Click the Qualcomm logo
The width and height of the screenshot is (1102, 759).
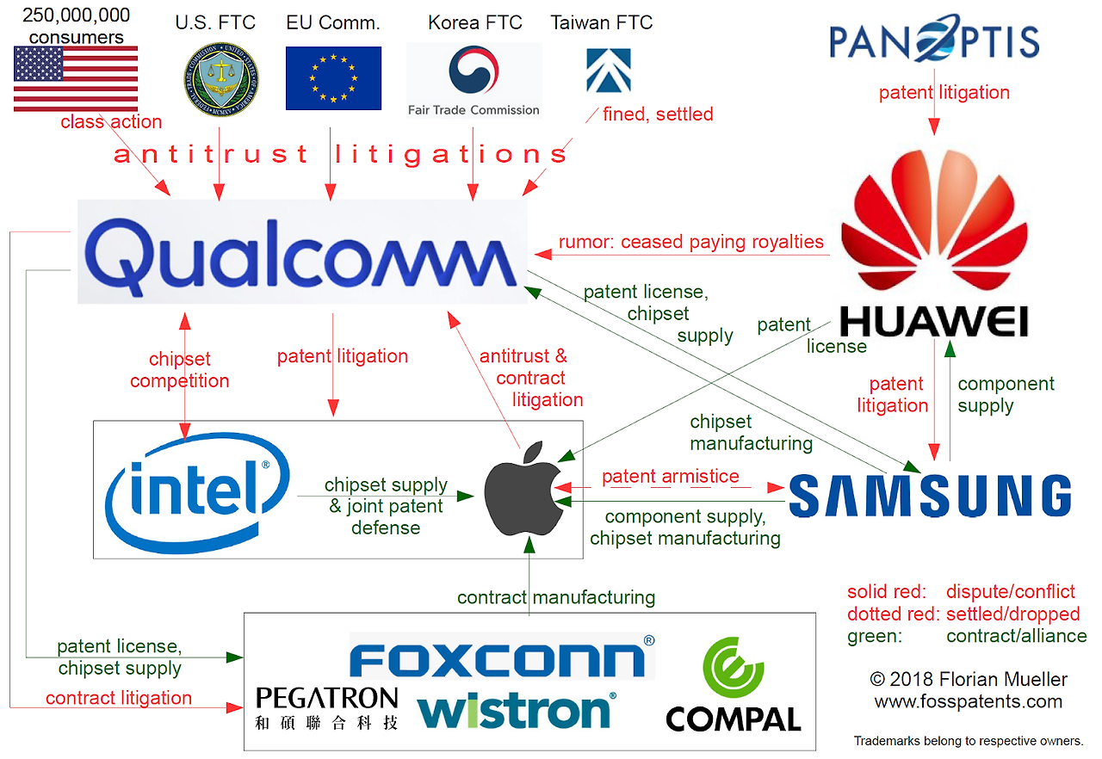click(302, 252)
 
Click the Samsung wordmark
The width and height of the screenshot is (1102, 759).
click(930, 496)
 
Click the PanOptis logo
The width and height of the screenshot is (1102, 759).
click(934, 39)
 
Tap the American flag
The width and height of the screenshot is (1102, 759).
click(76, 78)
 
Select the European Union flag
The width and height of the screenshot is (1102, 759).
click(333, 78)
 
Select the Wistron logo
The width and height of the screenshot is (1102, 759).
click(516, 711)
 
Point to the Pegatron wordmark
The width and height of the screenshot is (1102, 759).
click(327, 698)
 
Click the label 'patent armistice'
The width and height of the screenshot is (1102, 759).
click(670, 476)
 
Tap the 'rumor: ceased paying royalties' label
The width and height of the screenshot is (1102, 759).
click(690, 242)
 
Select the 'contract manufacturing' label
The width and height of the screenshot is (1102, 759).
click(555, 596)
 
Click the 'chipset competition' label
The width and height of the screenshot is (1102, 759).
click(179, 370)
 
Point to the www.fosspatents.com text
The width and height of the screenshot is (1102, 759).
click(968, 701)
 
